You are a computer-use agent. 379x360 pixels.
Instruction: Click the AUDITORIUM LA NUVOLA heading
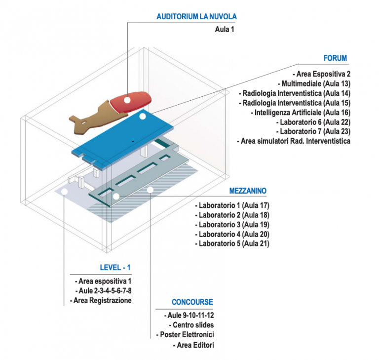pos(196,16)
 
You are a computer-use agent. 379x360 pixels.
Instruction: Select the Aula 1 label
pos(225,30)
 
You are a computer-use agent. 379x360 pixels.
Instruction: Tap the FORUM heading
pos(335,58)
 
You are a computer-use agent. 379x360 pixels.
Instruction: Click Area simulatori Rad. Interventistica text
pos(294,141)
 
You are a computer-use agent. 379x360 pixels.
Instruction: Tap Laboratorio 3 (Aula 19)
pos(232,224)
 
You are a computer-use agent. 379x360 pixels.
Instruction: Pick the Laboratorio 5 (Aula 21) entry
pos(232,243)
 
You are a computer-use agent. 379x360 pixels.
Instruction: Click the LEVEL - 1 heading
pos(115,268)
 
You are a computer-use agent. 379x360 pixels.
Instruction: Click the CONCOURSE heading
pos(192,302)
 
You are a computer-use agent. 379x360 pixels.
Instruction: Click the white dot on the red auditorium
pos(127,100)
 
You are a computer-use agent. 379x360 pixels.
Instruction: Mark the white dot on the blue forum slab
pos(143,117)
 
